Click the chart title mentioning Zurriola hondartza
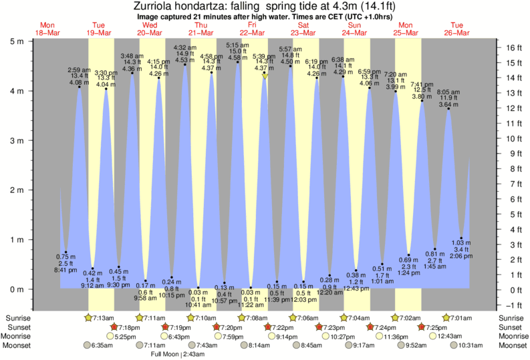coord(265,6)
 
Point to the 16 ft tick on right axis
coord(512,48)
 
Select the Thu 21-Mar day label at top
coord(201,30)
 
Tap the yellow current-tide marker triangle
coord(265,77)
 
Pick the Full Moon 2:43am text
coord(178,355)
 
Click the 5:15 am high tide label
coord(238,45)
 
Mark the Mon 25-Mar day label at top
coord(405,30)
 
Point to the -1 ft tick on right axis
coord(512,305)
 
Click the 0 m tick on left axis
coord(15,290)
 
